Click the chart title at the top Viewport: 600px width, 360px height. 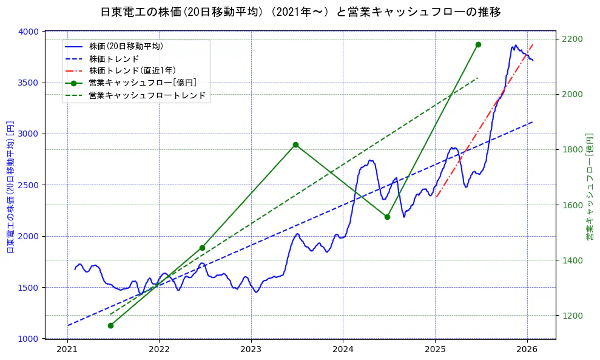pos(300,12)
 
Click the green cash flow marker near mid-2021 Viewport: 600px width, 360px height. pos(110,325)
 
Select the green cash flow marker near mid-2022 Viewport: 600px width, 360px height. pos(202,248)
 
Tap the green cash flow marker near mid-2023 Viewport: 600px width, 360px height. pos(295,144)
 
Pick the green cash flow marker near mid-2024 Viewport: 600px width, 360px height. pos(387,217)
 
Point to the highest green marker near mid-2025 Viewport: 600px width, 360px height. pos(478,44)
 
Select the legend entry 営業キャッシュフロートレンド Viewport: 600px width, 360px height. pos(147,95)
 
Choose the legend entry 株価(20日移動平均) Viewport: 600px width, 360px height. pos(126,46)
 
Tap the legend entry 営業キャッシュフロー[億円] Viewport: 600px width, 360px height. pos(142,83)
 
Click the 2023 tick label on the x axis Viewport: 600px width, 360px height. pos(251,350)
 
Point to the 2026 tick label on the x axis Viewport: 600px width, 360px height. pos(527,350)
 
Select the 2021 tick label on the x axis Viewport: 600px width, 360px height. pos(67,350)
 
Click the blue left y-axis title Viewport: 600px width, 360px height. pos(10,185)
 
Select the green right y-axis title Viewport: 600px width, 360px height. pos(589,185)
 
